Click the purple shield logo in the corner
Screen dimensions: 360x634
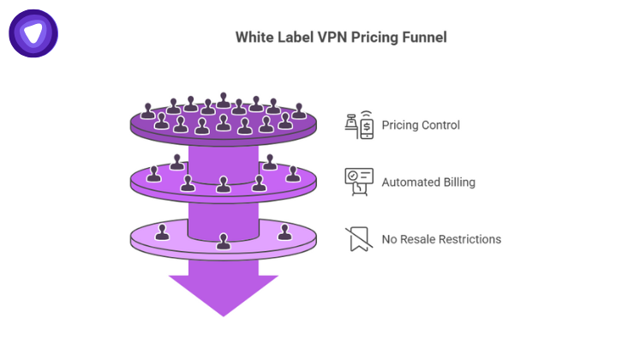click(33, 33)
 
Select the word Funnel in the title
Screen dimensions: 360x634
click(425, 38)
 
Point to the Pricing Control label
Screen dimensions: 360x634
click(421, 125)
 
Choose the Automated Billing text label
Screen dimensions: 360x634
click(428, 182)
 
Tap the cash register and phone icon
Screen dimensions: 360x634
click(359, 125)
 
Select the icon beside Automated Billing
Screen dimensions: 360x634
click(359, 181)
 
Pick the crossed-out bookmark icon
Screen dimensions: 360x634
click(359, 239)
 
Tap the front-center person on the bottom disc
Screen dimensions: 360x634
click(224, 242)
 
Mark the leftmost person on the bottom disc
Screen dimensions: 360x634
click(161, 231)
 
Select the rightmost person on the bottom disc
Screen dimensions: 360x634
click(285, 231)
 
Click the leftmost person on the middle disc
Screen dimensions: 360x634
click(154, 175)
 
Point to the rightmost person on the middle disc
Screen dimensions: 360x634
click(293, 175)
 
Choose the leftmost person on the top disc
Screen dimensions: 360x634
click(148, 111)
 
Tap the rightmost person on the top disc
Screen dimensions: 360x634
click(298, 111)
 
